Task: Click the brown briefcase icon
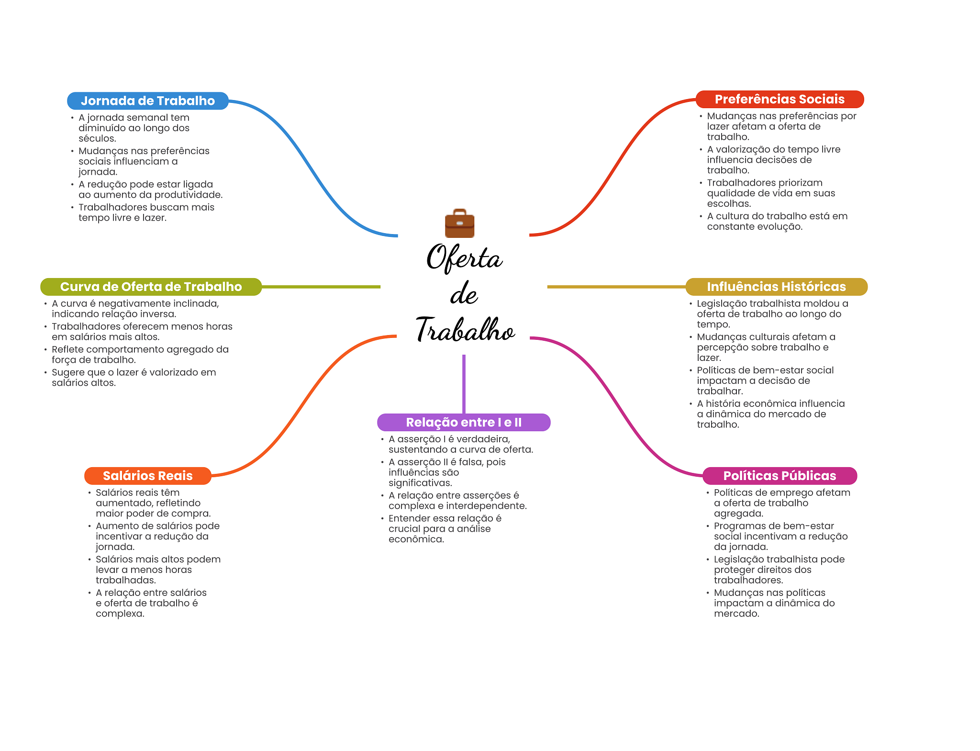(x=459, y=224)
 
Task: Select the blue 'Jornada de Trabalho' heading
(x=147, y=101)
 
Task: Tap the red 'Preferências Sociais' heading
(x=779, y=100)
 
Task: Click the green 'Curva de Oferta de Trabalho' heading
(x=151, y=287)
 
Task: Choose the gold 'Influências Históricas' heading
(x=776, y=287)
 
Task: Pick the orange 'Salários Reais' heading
(x=147, y=476)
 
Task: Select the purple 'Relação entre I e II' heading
(x=463, y=422)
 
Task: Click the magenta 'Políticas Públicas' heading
(x=779, y=476)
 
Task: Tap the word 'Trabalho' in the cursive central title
(x=465, y=330)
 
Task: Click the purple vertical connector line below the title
(x=464, y=383)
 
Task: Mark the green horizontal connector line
(x=321, y=287)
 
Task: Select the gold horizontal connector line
(x=616, y=287)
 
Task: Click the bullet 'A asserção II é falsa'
(x=447, y=472)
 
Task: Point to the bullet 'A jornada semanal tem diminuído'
(x=134, y=128)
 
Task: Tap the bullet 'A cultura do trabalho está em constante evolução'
(x=777, y=221)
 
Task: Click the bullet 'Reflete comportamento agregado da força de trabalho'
(x=140, y=355)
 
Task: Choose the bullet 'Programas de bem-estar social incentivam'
(x=780, y=536)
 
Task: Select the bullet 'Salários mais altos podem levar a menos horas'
(x=158, y=570)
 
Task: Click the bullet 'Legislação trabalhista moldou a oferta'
(x=772, y=314)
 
